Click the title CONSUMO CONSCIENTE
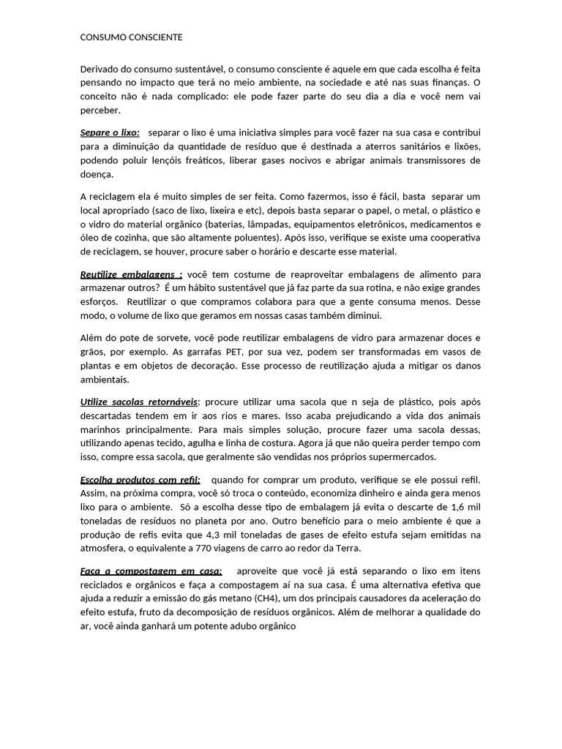coord(132,37)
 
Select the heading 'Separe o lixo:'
coord(110,132)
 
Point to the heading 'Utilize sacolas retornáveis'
coord(139,402)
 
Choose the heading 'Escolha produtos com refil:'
coord(140,479)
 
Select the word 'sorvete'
coord(160,337)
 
